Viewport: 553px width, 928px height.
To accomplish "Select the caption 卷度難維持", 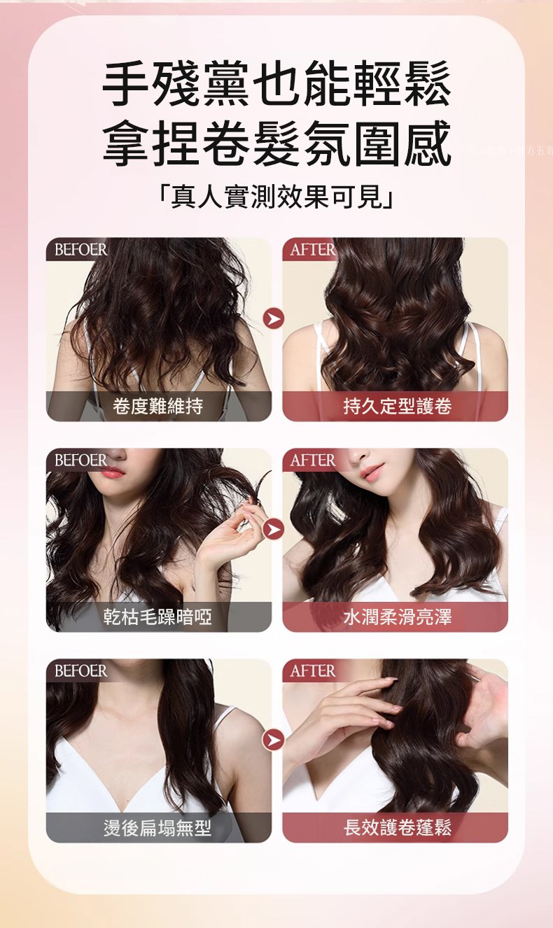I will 158,406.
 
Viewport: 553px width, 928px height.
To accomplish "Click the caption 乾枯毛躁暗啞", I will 158,617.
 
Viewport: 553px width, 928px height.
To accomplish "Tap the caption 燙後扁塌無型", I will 158,828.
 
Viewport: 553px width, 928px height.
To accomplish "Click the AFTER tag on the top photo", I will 312,250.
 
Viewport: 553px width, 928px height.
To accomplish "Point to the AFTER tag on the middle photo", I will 312,461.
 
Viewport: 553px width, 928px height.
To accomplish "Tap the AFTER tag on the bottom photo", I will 312,671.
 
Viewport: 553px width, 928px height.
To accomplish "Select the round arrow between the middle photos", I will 274,530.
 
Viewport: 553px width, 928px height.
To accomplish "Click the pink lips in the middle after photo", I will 372,472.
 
